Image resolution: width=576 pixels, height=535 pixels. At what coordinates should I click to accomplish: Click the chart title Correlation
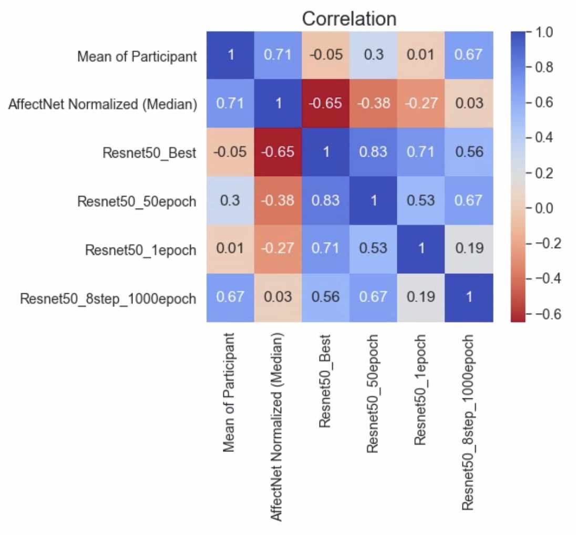click(349, 19)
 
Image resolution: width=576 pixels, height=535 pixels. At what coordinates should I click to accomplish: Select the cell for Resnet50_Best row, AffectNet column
click(277, 152)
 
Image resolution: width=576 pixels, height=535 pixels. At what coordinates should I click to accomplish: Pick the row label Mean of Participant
click(137, 56)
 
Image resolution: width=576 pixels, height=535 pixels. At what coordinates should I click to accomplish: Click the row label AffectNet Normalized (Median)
click(103, 104)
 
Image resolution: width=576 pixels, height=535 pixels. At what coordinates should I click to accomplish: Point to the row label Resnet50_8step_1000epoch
click(108, 299)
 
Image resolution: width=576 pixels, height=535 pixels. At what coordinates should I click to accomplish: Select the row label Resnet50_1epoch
click(141, 250)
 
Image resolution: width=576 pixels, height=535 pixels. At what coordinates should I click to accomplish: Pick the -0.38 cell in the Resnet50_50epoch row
click(277, 200)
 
